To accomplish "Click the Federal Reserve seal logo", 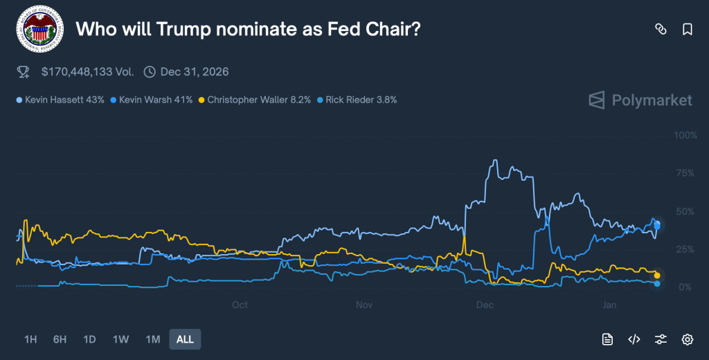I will point(39,29).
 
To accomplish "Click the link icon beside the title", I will point(661,29).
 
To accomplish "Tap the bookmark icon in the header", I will point(688,29).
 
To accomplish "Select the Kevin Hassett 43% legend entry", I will point(61,100).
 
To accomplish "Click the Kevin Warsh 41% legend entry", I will point(152,100).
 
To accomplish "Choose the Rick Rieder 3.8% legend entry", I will point(357,100).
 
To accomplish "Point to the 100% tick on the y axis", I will point(685,134).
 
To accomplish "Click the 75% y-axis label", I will point(685,173).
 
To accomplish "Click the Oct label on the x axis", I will point(240,305).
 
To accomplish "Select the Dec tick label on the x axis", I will point(485,305).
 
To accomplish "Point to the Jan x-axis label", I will point(610,305).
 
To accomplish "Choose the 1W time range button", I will point(120,339).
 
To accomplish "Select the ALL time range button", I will point(185,339).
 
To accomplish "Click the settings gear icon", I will point(688,339).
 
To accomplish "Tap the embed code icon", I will point(634,339).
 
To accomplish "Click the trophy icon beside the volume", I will point(24,71).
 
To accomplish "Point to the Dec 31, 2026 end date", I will point(194,71).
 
